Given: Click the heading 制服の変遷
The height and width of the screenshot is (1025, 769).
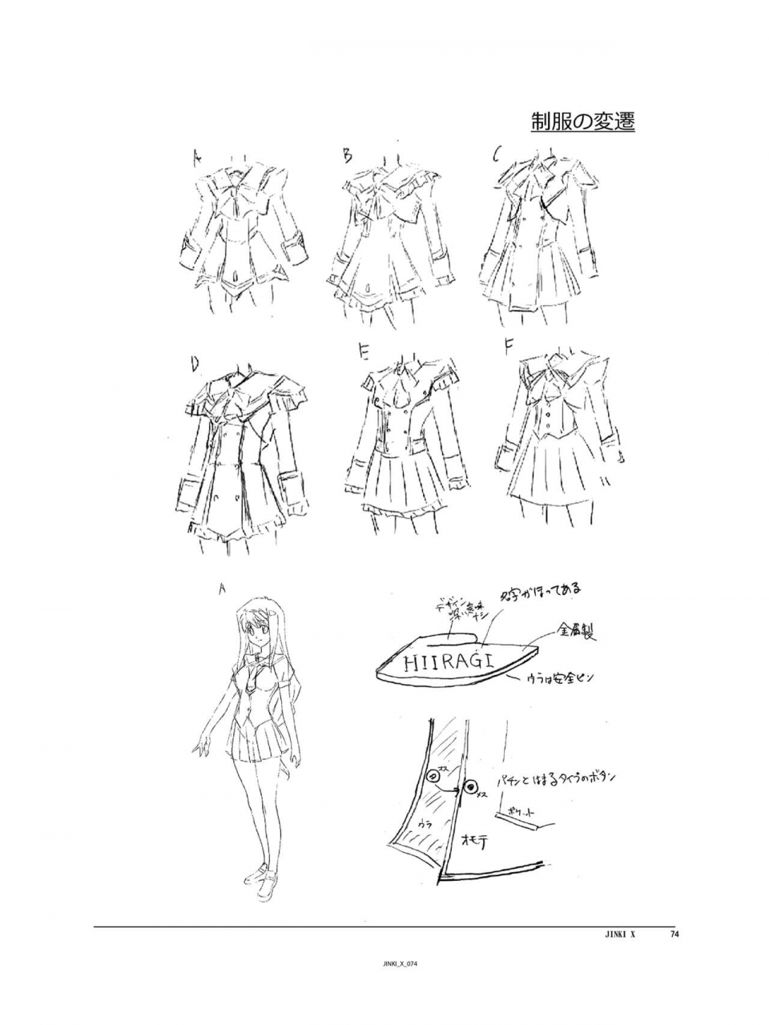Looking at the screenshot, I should point(582,122).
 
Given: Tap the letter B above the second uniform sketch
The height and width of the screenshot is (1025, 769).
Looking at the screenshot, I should point(347,155).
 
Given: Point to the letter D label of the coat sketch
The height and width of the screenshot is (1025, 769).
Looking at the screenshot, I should point(194,364).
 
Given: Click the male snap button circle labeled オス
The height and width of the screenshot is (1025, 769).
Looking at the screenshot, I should point(433,775).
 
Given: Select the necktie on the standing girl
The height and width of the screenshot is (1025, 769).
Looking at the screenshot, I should point(256,681).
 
